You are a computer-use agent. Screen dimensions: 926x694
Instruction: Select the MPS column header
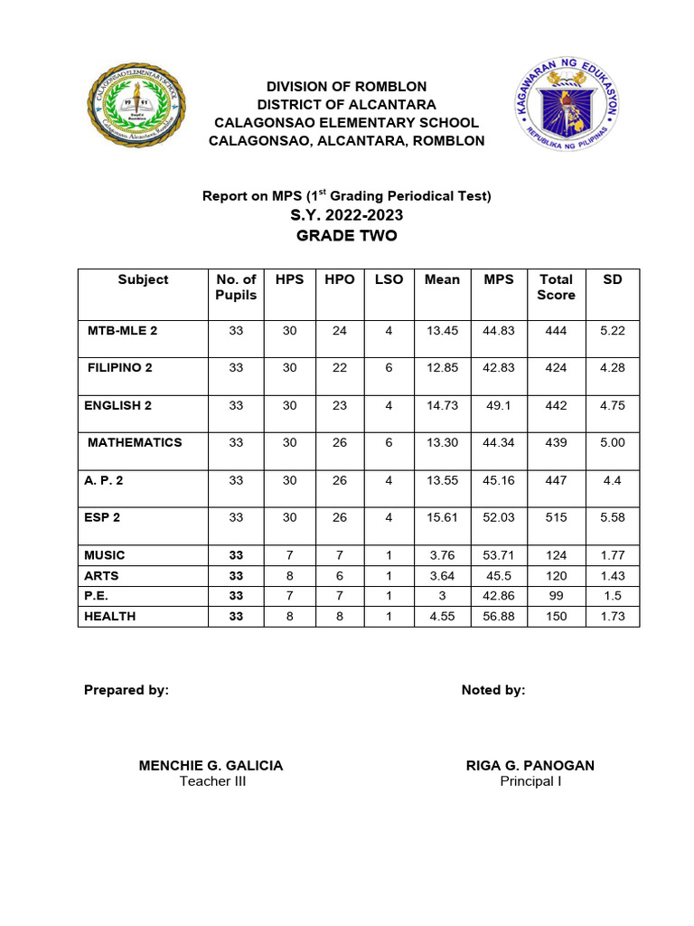[498, 279]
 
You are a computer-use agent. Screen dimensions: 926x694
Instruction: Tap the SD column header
[612, 279]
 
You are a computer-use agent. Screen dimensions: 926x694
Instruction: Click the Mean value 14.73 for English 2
[442, 406]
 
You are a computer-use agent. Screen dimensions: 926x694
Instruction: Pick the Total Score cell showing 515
[556, 517]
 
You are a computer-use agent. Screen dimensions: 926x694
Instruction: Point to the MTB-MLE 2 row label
[122, 331]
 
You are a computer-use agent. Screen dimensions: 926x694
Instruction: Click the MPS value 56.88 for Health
[498, 616]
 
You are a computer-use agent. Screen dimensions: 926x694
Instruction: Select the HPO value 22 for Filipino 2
[339, 368]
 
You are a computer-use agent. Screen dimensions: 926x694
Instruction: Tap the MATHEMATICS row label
[135, 443]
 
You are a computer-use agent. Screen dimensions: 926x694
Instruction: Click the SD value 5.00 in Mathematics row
[612, 443]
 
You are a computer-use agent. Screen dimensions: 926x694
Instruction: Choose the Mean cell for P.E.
[442, 596]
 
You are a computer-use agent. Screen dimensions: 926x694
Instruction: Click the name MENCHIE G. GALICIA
[211, 765]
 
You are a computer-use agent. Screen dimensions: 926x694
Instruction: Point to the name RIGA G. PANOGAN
[530, 765]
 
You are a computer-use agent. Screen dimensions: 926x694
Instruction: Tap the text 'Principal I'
[530, 781]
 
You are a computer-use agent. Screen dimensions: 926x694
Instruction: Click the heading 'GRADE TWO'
[347, 236]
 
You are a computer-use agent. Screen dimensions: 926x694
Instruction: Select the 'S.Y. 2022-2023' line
[347, 215]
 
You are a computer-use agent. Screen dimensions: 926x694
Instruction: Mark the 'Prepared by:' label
[127, 690]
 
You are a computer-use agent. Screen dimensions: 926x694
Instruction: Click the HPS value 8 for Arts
[289, 575]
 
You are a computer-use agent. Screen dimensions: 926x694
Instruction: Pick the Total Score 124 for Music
[556, 555]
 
